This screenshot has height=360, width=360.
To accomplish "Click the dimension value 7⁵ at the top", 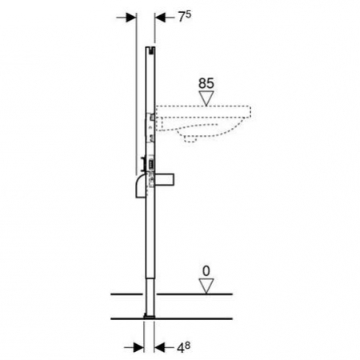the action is [185, 17].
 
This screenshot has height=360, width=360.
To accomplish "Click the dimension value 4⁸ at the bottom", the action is [183, 347].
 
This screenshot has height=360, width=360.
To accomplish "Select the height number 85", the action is [206, 83].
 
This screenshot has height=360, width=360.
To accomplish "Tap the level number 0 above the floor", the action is [206, 271].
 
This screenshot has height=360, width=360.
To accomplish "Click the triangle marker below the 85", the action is [206, 98].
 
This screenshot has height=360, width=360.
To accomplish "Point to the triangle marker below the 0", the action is [206, 286].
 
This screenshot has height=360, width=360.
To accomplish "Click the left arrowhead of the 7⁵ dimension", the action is [131, 18].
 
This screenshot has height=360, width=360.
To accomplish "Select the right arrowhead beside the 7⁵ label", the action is [160, 18].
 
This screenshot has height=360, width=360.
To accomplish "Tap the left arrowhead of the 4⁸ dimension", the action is [138, 347].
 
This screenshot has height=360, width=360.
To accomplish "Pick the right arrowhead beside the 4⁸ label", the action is [159, 347].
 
